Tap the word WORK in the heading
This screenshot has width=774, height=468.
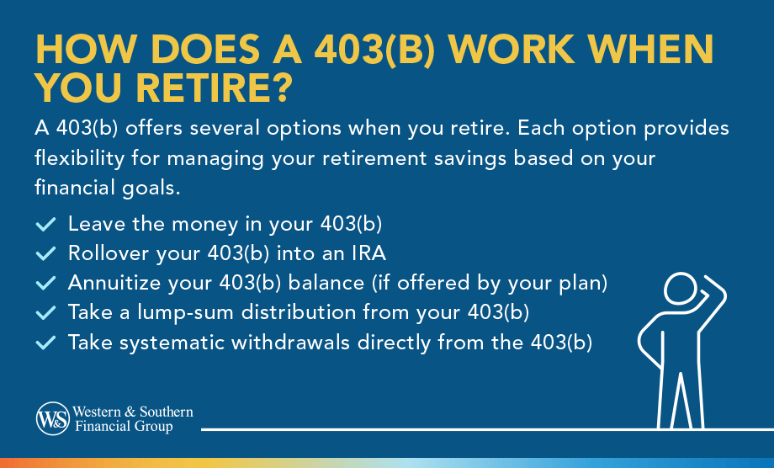[x=511, y=50]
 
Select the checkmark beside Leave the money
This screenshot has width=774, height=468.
[x=45, y=224]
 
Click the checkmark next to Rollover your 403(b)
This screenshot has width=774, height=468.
[x=45, y=253]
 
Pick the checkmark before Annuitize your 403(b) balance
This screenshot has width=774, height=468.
[x=45, y=284]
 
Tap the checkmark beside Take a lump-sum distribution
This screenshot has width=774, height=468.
[x=45, y=313]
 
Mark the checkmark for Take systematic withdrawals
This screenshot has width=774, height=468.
[x=45, y=343]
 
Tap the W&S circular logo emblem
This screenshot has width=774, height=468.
[x=53, y=418]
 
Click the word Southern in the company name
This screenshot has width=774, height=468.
[x=167, y=412]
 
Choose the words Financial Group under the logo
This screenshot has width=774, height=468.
[x=124, y=426]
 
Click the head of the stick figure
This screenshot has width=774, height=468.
[x=681, y=289]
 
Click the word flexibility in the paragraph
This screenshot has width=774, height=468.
[x=79, y=158]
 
